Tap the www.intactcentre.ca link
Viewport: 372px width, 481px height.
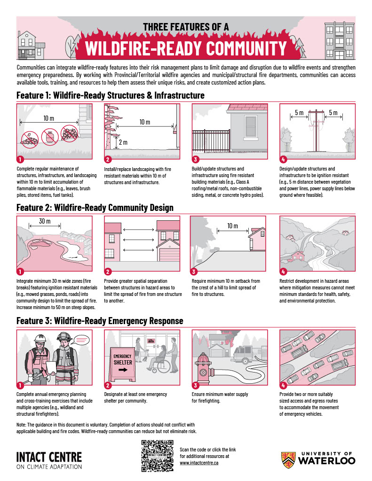pyautogui.click(x=199, y=463)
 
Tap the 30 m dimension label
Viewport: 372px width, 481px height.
pyautogui.click(x=45, y=222)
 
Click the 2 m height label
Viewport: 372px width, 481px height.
pyautogui.click(x=123, y=142)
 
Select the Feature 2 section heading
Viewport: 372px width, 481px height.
pyautogui.click(x=95, y=207)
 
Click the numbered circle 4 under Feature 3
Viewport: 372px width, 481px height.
pyautogui.click(x=283, y=386)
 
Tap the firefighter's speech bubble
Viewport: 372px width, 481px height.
pyautogui.click(x=82, y=338)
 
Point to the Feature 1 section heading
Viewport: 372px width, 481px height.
pyautogui.click(x=111, y=95)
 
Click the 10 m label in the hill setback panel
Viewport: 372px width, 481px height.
pyautogui.click(x=232, y=226)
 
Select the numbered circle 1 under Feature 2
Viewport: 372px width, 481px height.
pyautogui.click(x=20, y=272)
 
